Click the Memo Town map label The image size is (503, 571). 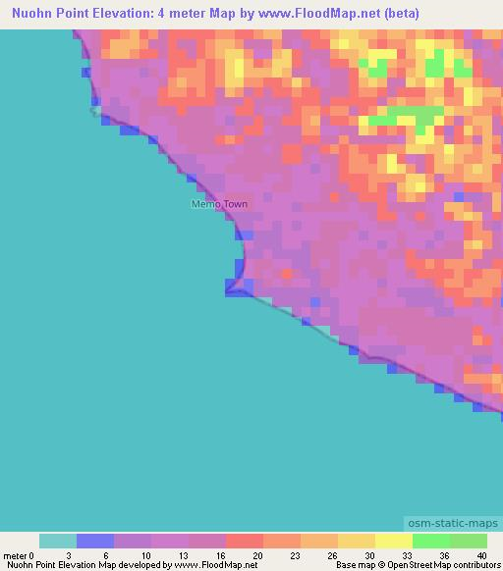219,204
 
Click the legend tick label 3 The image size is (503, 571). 77,554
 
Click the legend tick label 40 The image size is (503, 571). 481,554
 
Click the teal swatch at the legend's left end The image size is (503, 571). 58,541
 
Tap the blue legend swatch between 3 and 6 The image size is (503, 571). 95,541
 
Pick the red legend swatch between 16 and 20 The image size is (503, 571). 245,541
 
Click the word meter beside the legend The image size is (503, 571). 15,554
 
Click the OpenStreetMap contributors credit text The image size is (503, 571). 444,565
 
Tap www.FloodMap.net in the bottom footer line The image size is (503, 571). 216,565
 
